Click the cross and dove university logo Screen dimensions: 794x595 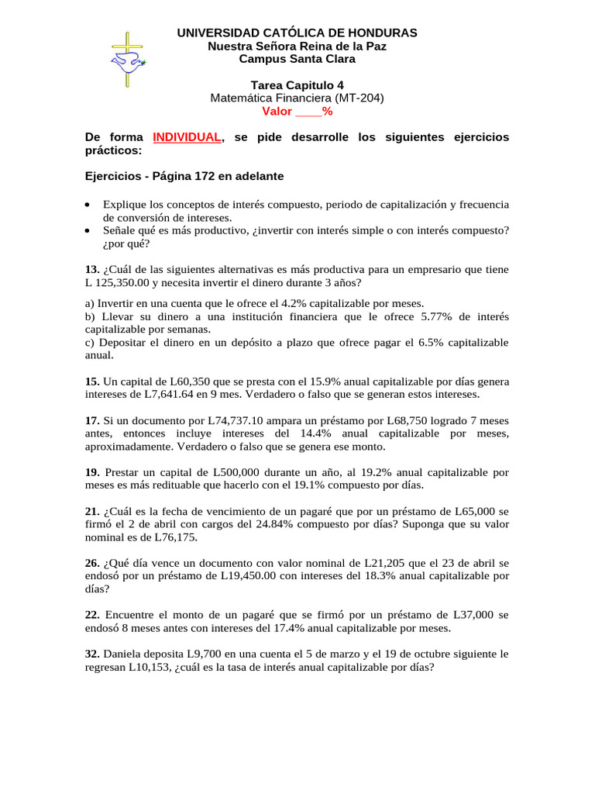[x=127, y=60]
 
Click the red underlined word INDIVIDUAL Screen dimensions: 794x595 [x=187, y=137]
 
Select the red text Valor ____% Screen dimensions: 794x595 [x=297, y=111]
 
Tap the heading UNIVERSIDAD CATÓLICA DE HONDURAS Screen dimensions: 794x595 [x=297, y=33]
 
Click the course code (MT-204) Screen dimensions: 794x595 [x=359, y=98]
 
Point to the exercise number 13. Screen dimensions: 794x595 [x=91, y=270]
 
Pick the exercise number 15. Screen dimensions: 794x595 [x=91, y=381]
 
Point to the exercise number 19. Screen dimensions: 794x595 [x=91, y=472]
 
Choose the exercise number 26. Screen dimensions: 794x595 [x=91, y=563]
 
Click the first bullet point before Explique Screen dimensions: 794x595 [x=88, y=205]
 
